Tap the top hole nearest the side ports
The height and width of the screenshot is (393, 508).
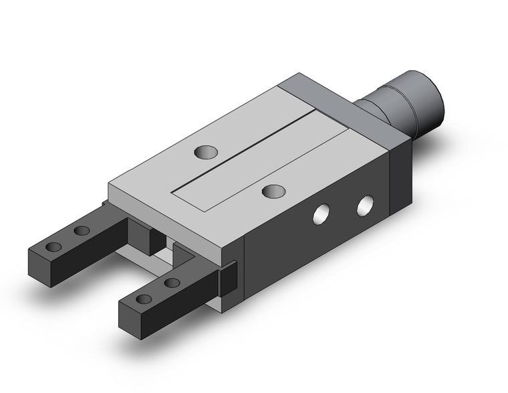[271, 191]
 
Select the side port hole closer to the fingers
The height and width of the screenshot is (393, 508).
[323, 214]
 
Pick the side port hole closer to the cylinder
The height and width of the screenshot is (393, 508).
[365, 205]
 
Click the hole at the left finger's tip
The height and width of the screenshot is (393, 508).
[53, 246]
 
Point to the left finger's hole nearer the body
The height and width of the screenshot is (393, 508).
[82, 231]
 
